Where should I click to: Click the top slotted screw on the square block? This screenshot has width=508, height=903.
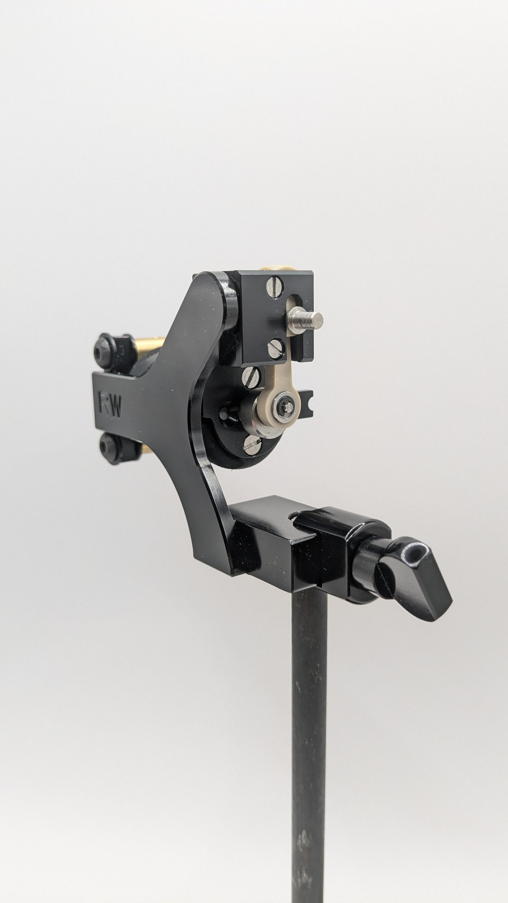pos(275,287)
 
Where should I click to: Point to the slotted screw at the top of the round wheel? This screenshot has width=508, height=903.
pos(251,378)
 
